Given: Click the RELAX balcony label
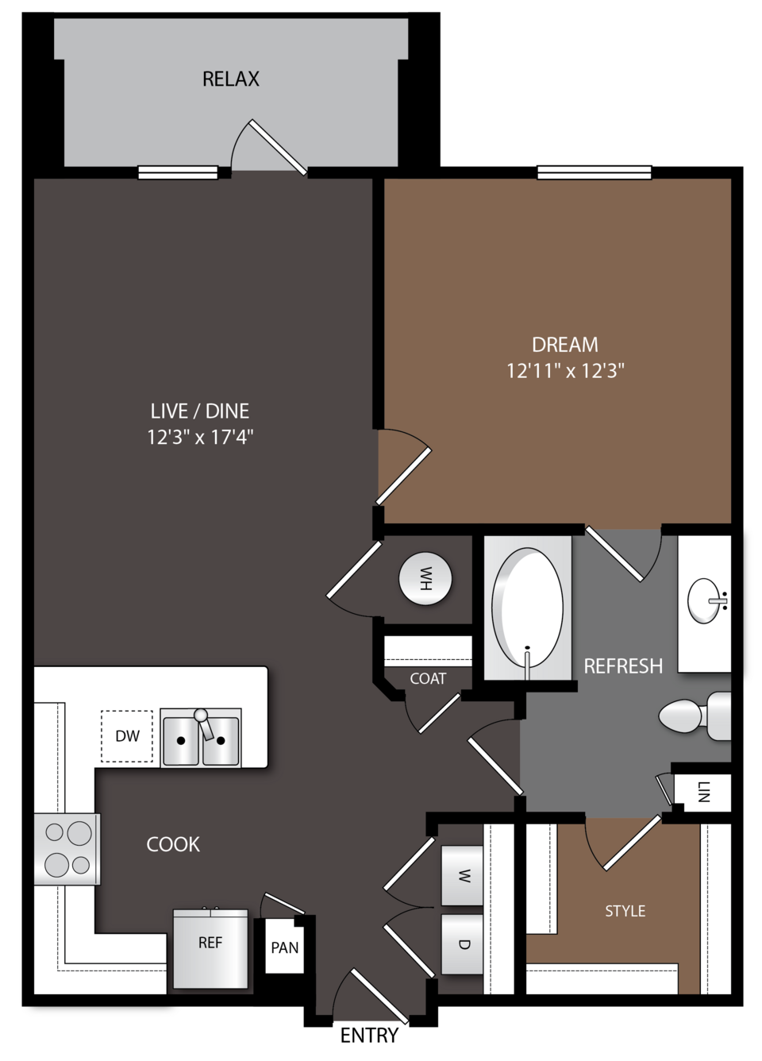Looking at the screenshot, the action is [x=231, y=79].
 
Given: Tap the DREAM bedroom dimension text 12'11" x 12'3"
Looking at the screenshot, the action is [x=566, y=371].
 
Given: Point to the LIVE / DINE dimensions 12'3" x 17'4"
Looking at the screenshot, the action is [x=200, y=437].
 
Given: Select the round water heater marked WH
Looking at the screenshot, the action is [x=425, y=579].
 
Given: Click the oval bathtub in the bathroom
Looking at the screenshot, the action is [x=527, y=608].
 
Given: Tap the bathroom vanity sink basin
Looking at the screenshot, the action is [x=705, y=600].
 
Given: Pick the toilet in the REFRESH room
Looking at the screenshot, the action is [x=695, y=716].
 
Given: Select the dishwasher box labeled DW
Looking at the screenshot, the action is [x=127, y=736].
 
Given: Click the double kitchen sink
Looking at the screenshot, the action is [x=201, y=738].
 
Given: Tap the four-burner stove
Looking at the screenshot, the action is [x=67, y=849].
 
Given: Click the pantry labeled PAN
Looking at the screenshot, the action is [x=284, y=947].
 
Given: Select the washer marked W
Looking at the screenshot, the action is [x=462, y=876].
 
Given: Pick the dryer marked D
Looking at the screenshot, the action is [x=462, y=944].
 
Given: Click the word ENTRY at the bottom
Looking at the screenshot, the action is [x=369, y=1036].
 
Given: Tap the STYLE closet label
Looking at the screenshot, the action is [x=625, y=911].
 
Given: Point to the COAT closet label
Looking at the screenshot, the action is [x=428, y=679].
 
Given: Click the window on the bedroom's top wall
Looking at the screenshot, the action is [x=594, y=172].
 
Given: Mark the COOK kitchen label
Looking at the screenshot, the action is [x=173, y=844].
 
